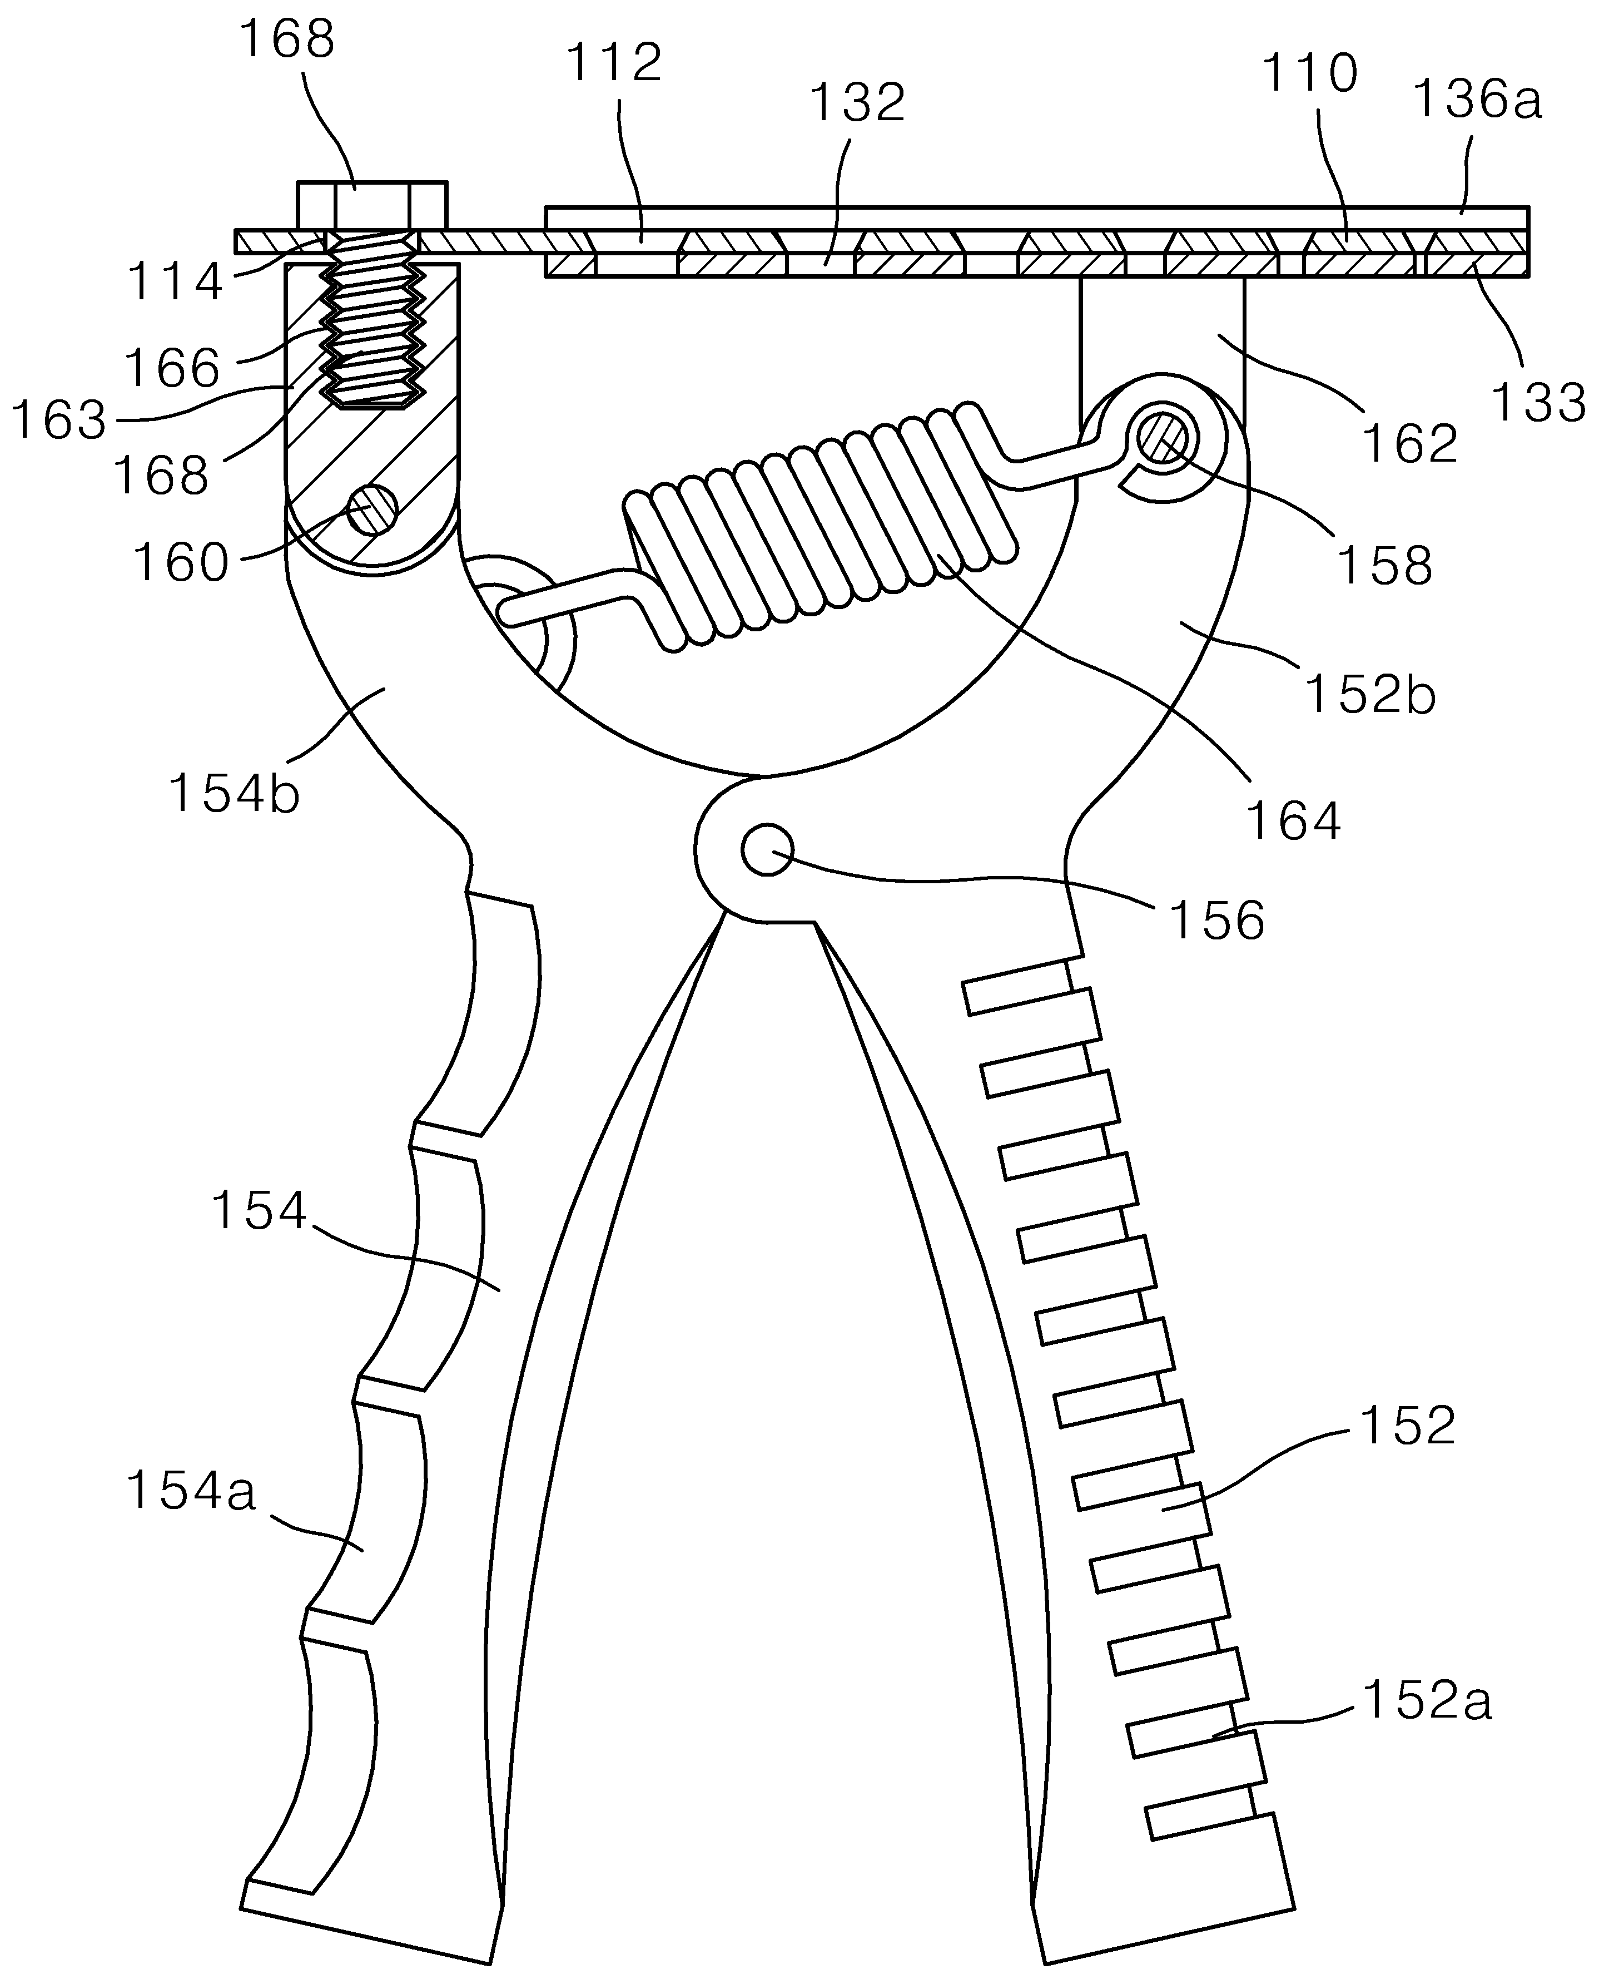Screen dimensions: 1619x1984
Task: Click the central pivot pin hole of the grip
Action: (x=767, y=849)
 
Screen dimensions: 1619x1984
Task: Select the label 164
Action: (x=1294, y=821)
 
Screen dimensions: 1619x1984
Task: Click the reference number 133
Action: (x=1539, y=403)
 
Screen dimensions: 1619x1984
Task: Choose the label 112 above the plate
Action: (x=614, y=62)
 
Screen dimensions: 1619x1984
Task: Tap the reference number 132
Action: (x=857, y=102)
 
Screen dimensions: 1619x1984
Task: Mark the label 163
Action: (x=59, y=420)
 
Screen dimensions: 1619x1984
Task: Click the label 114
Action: (x=175, y=281)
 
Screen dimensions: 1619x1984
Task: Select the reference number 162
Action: (x=1410, y=443)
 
